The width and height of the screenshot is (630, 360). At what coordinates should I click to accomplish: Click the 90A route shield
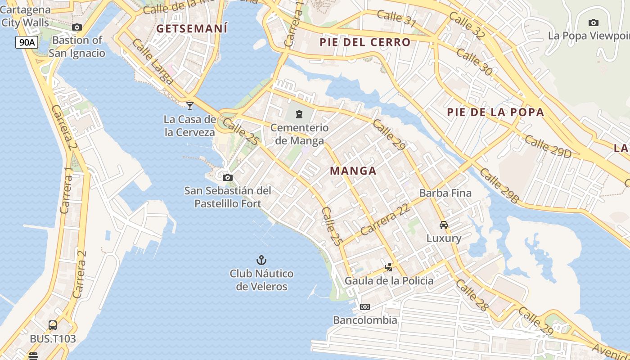tap(27, 43)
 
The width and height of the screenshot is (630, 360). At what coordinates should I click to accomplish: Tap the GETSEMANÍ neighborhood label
tap(192, 28)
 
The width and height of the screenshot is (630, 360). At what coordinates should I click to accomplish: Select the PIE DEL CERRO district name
tap(365, 42)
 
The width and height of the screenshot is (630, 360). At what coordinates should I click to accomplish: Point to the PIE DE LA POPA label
tap(495, 112)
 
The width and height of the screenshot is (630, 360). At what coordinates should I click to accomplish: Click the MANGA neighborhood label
tap(353, 171)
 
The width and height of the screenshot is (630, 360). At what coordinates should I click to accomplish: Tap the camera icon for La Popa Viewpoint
tap(593, 22)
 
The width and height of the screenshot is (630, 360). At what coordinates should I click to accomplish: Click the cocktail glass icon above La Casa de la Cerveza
tap(190, 106)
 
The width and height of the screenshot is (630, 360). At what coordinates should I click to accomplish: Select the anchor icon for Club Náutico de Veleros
tap(261, 260)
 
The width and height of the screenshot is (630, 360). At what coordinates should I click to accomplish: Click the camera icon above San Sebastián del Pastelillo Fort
tap(228, 177)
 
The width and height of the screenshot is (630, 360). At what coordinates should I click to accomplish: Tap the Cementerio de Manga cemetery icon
tap(299, 114)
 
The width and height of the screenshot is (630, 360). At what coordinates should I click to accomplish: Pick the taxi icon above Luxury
tap(444, 225)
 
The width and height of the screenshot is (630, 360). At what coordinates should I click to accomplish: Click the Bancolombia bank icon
tap(365, 307)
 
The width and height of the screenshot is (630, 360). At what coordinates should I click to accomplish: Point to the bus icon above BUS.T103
tap(53, 325)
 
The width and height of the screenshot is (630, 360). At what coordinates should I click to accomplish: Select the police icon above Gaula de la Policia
tap(388, 267)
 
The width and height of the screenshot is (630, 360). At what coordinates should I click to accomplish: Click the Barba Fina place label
tap(445, 193)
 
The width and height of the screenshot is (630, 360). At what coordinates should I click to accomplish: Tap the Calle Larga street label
tap(153, 62)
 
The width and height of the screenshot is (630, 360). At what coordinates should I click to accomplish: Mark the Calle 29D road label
tap(548, 147)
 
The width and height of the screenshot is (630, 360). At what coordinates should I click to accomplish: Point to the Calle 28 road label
tap(471, 295)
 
